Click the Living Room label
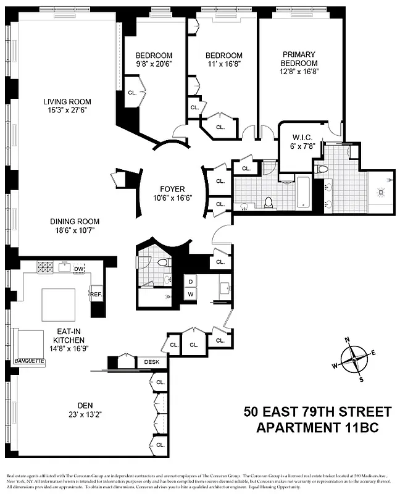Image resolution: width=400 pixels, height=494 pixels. click(67, 102)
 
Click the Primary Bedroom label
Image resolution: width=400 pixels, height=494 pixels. click(299, 59)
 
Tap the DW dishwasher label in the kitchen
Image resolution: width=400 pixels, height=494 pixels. click(78, 269)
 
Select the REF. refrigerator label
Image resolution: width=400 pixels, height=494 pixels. click(96, 295)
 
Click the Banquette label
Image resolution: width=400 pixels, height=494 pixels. click(30, 361)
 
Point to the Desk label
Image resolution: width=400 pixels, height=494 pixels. click(151, 362)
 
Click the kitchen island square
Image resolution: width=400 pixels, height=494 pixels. click(59, 307)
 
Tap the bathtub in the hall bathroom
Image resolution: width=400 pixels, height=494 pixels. click(304, 193)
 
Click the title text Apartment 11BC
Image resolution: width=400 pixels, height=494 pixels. click(317, 428)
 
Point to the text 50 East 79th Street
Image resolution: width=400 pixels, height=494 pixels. click(317, 412)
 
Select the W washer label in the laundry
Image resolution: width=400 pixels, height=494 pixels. click(190, 295)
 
